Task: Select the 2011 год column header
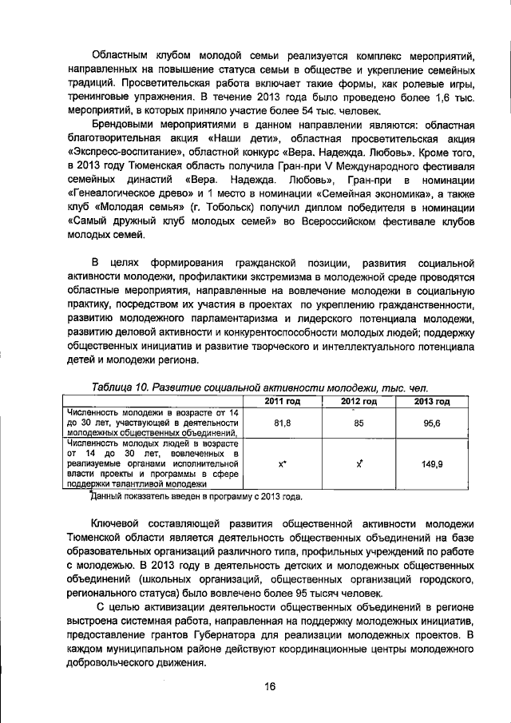(282, 401)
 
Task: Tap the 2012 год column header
(358, 401)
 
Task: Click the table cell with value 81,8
(282, 422)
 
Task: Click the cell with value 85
(358, 422)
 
